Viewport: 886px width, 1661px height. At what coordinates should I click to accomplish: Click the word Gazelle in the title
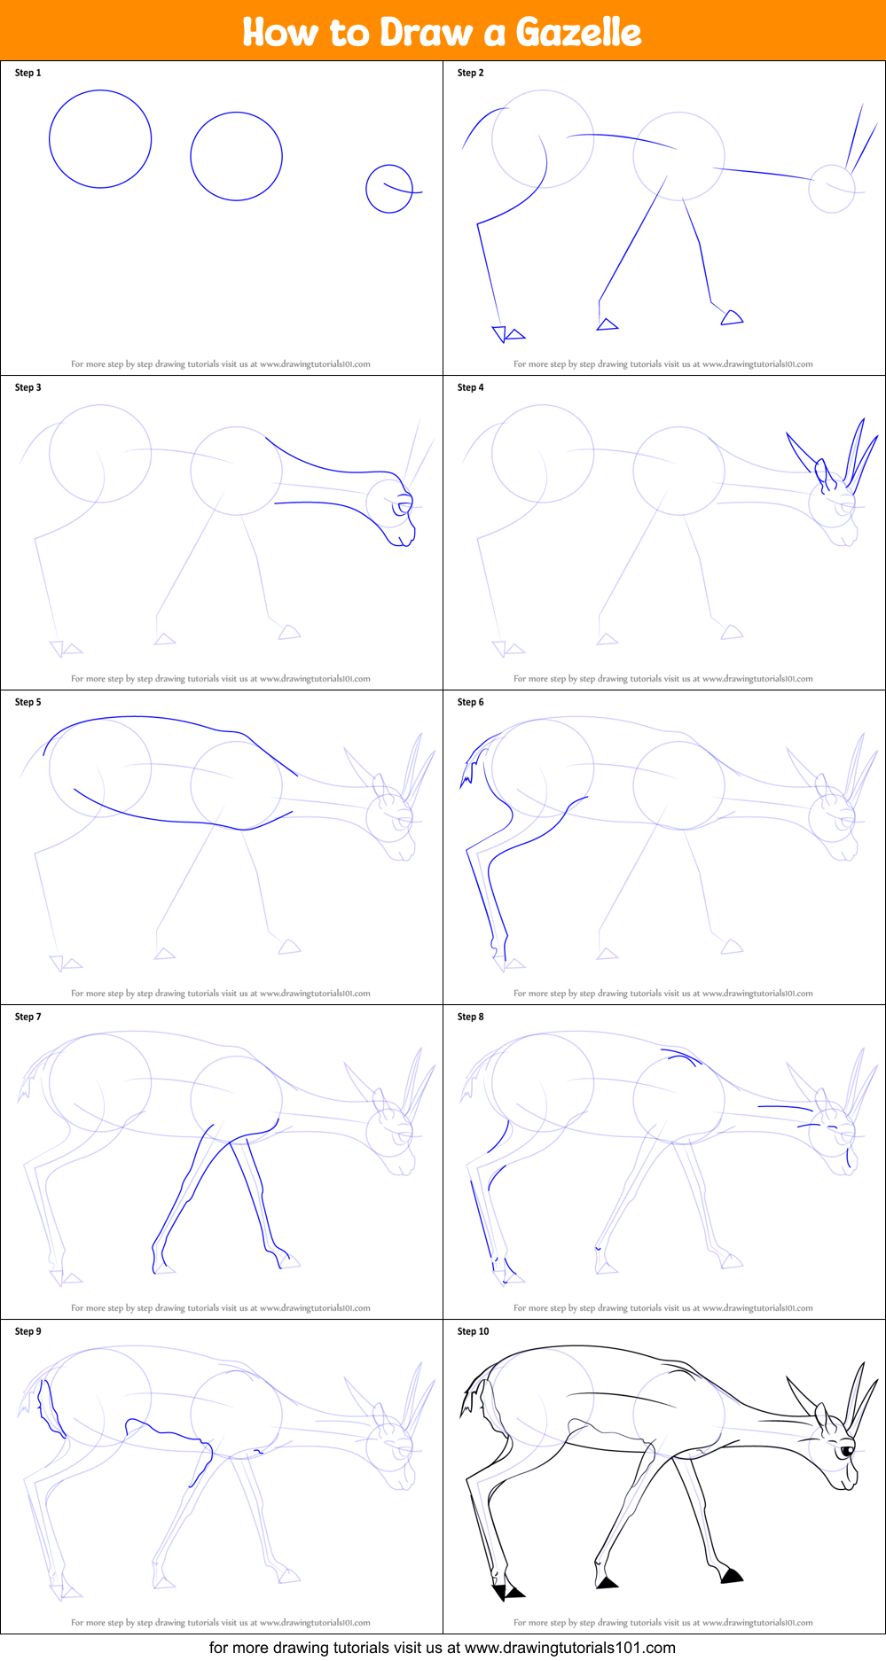(578, 33)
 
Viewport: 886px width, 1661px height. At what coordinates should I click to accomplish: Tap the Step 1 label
(27, 73)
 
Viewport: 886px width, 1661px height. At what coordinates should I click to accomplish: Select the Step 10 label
(473, 1331)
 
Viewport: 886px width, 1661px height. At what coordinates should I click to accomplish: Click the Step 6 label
(470, 702)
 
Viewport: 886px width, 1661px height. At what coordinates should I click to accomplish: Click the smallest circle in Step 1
(389, 189)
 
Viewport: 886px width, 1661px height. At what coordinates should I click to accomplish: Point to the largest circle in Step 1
(100, 139)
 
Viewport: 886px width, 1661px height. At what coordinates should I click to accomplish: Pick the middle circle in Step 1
(236, 156)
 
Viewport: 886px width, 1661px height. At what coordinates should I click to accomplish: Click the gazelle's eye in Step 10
(846, 1451)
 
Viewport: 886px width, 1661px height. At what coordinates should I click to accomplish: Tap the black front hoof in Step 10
(732, 1575)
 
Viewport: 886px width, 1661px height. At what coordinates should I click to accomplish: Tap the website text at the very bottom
(442, 1648)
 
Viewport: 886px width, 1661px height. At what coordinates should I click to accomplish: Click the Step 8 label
(470, 1017)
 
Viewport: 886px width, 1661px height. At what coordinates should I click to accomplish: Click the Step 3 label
(27, 387)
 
